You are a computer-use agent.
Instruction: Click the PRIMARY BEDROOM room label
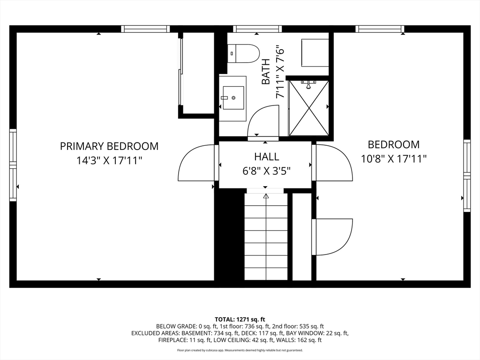coord(109,146)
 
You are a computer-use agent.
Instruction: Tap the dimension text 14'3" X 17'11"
coord(109,160)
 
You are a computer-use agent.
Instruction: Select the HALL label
coord(267,157)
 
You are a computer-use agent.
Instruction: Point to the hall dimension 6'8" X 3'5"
coord(266,171)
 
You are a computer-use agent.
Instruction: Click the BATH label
coord(266,71)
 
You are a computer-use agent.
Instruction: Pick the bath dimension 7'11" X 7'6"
coord(280,72)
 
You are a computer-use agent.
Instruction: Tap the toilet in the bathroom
coord(243,53)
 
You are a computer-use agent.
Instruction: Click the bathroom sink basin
coord(233,98)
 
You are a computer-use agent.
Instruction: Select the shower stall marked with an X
coord(309,108)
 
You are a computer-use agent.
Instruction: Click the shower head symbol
coord(308,85)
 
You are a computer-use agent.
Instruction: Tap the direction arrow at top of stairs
coord(266,196)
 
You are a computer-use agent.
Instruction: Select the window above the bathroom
coord(257,29)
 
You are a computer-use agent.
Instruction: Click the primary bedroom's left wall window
coord(13,165)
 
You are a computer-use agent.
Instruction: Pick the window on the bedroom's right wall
coord(467,175)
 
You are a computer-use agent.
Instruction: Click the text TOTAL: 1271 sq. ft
coord(240,320)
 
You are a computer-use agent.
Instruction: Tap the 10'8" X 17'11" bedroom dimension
coord(394,159)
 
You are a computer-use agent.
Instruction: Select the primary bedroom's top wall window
coord(145,29)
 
